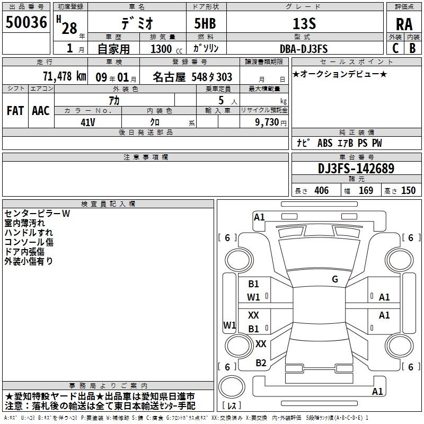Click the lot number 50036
click(26, 22)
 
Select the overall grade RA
click(404, 24)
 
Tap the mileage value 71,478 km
click(65, 76)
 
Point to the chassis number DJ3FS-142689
click(356, 169)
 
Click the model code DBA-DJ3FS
click(304, 49)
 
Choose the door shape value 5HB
click(205, 23)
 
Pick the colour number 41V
click(88, 122)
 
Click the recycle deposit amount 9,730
click(267, 122)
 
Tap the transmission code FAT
click(15, 111)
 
